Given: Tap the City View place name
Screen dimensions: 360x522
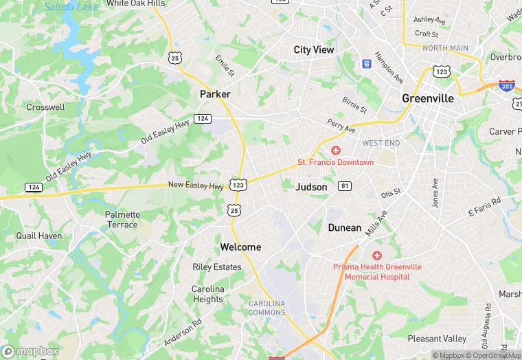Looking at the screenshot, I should (313, 49).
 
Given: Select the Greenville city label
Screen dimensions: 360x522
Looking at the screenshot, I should (427, 98).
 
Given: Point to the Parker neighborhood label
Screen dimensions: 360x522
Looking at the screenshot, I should (215, 93).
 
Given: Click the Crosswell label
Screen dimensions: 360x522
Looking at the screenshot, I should (45, 107).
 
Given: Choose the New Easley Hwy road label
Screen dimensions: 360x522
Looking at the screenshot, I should (196, 186).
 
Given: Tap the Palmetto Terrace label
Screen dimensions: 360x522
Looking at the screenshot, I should (122, 219).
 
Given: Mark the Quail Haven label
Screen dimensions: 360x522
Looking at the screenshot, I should (38, 236).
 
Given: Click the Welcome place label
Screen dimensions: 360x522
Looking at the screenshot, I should (240, 247).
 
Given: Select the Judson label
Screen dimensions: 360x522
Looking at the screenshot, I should (311, 187).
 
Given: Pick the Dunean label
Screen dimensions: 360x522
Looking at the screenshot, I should (344, 227).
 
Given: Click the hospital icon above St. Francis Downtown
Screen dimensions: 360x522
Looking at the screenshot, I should (336, 150).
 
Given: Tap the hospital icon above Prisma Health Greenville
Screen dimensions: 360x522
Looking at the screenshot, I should (377, 255).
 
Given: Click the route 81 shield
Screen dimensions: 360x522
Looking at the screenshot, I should (345, 185).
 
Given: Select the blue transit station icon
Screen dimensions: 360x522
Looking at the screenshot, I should (367, 64).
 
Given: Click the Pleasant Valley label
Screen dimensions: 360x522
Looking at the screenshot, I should (437, 339).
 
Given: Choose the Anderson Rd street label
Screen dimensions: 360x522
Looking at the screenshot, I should (183, 333).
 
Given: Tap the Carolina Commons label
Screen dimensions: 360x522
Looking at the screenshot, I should (266, 308).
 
